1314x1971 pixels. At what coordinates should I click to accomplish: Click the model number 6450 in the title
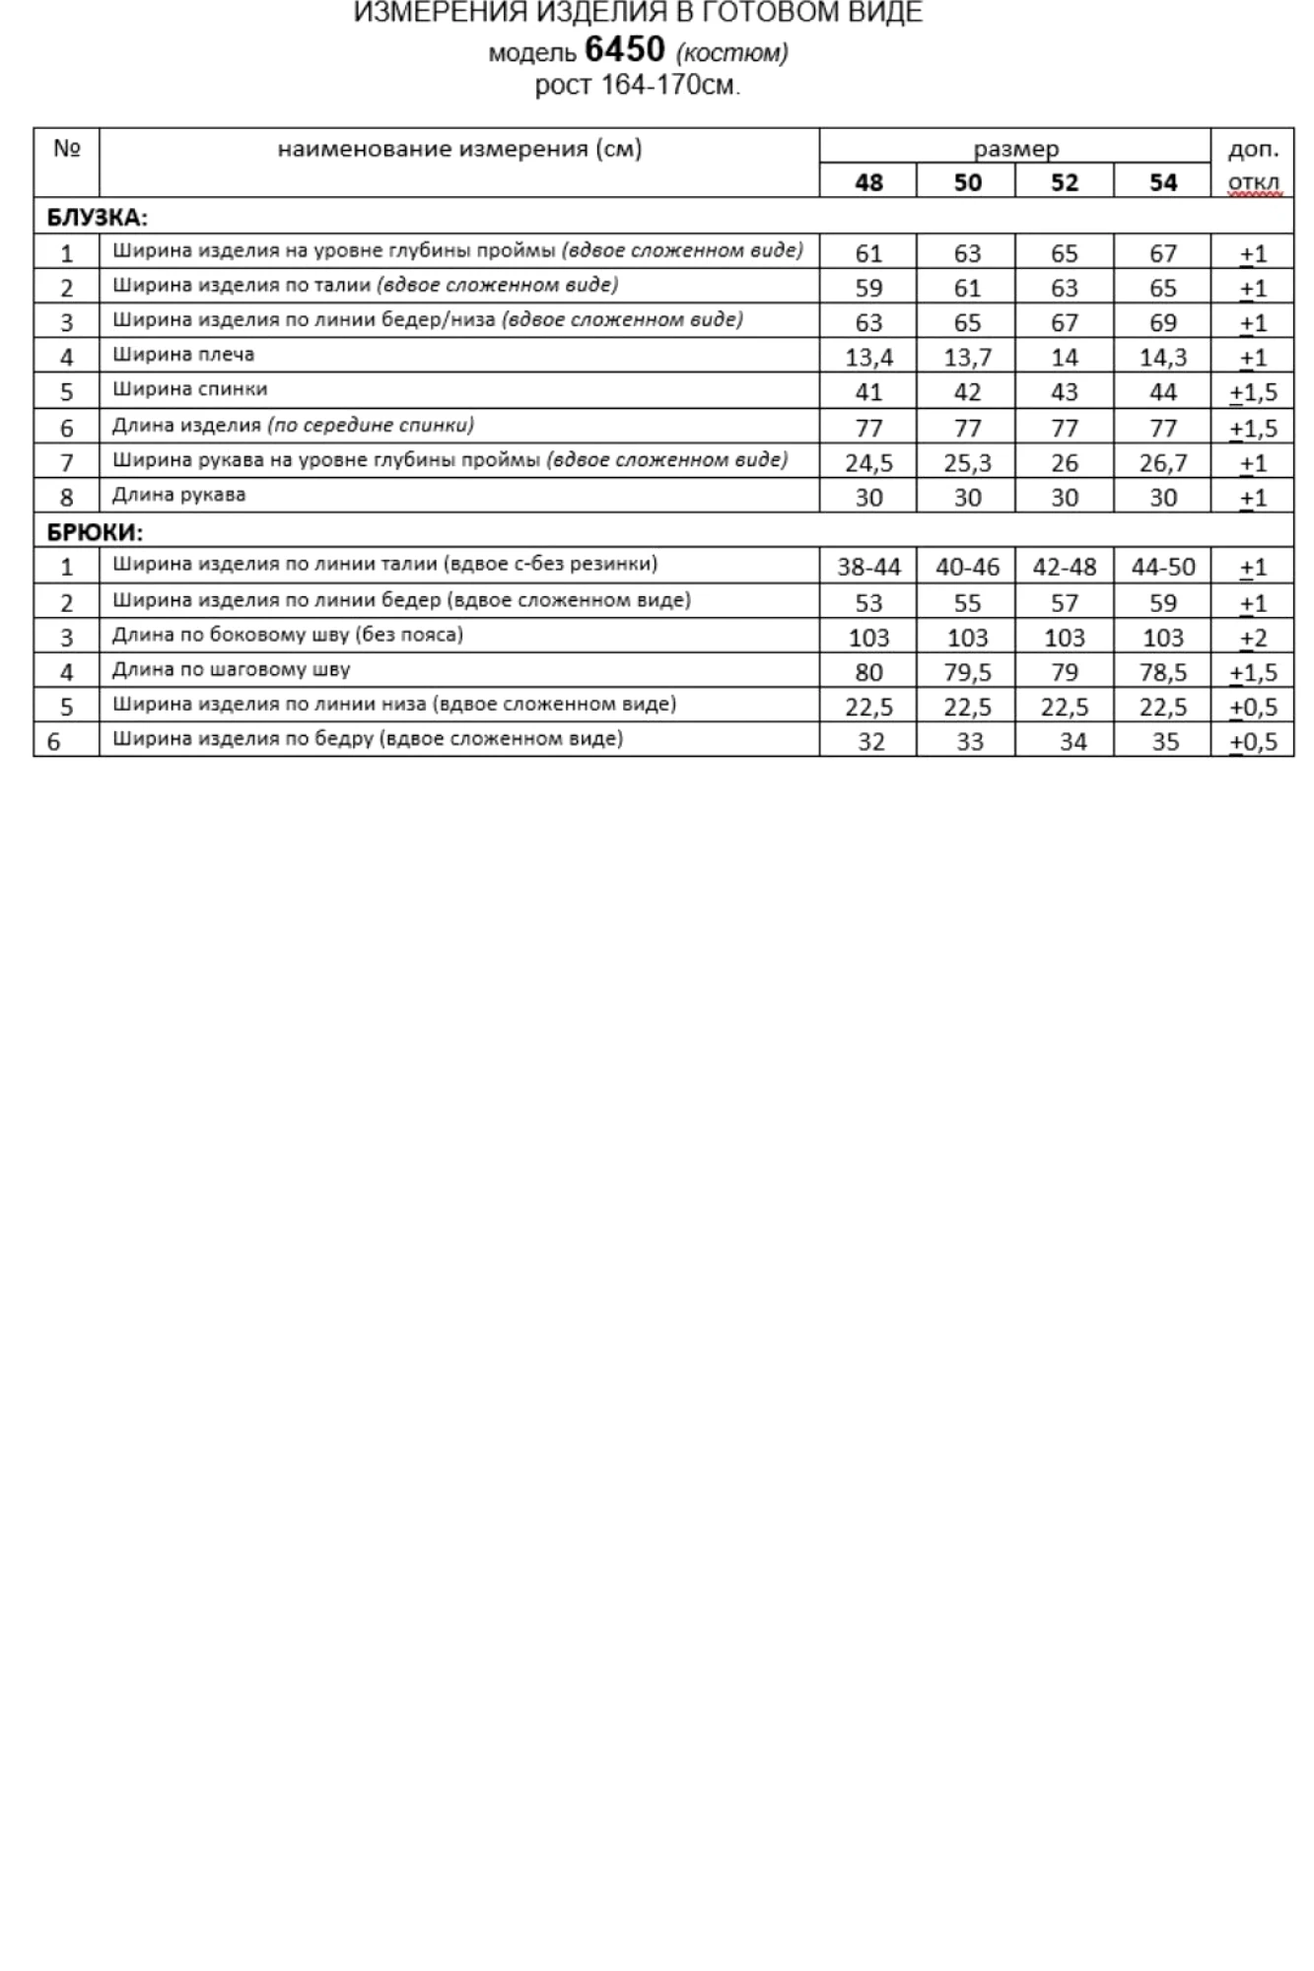pyautogui.click(x=624, y=49)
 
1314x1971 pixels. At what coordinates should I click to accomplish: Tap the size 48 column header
pyautogui.click(x=868, y=182)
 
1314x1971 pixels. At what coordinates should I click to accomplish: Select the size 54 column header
pyautogui.click(x=1163, y=182)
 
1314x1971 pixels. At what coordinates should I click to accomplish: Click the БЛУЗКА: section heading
pyautogui.click(x=97, y=218)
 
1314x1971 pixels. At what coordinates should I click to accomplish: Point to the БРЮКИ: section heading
pyautogui.click(x=95, y=532)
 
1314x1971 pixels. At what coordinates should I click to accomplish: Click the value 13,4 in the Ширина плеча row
pyautogui.click(x=868, y=358)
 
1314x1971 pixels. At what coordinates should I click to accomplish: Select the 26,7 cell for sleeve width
pyautogui.click(x=1163, y=463)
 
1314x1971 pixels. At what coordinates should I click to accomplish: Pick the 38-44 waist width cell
pyautogui.click(x=868, y=568)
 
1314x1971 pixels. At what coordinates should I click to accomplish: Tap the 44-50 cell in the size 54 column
pyautogui.click(x=1163, y=568)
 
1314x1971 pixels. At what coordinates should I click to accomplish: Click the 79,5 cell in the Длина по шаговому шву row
pyautogui.click(x=967, y=672)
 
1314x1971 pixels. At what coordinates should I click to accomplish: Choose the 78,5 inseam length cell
pyautogui.click(x=1163, y=672)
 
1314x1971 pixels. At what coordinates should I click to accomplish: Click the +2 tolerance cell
pyautogui.click(x=1253, y=638)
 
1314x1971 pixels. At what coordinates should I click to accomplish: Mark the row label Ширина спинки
pyautogui.click(x=189, y=389)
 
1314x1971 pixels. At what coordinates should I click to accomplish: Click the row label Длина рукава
pyautogui.click(x=178, y=495)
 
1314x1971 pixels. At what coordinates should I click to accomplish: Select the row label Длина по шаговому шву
pyautogui.click(x=231, y=670)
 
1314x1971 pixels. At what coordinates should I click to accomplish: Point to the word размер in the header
pyautogui.click(x=1015, y=149)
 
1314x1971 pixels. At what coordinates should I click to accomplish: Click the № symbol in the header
pyautogui.click(x=66, y=149)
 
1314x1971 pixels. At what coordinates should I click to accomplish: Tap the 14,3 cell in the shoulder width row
pyautogui.click(x=1163, y=358)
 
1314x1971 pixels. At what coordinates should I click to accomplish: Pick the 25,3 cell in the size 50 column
pyautogui.click(x=967, y=463)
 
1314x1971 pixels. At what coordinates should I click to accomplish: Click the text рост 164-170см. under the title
pyautogui.click(x=637, y=86)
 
